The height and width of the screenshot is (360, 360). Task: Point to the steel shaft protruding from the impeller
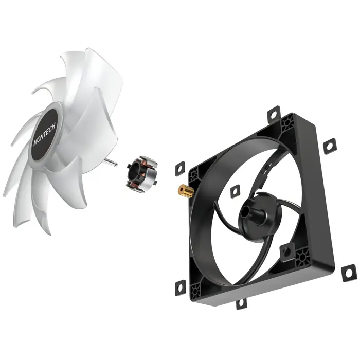pos(114,163)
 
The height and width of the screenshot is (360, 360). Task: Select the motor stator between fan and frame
pos(141,173)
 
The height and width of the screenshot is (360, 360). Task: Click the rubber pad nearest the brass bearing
pos(179,168)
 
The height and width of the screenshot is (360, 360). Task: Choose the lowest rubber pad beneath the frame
pos(241,303)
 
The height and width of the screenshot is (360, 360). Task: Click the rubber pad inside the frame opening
pos(235,191)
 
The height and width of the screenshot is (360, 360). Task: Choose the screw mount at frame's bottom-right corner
pos(303,255)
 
